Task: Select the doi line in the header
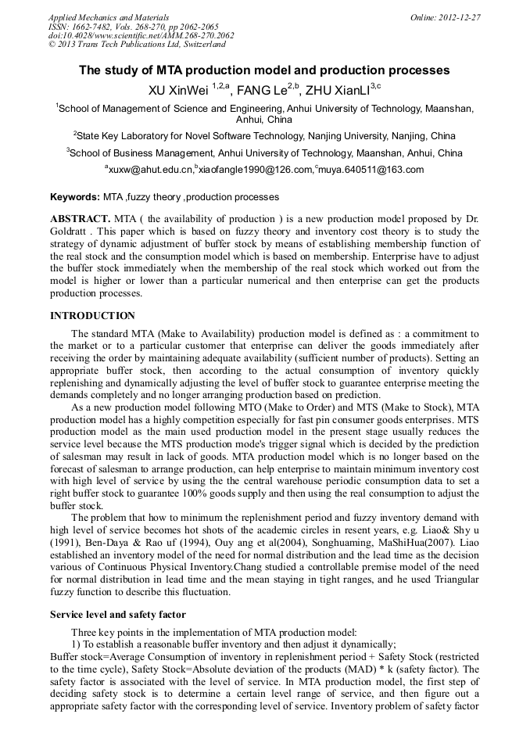point(141,35)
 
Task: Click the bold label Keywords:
point(74,197)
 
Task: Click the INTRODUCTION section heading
point(92,316)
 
